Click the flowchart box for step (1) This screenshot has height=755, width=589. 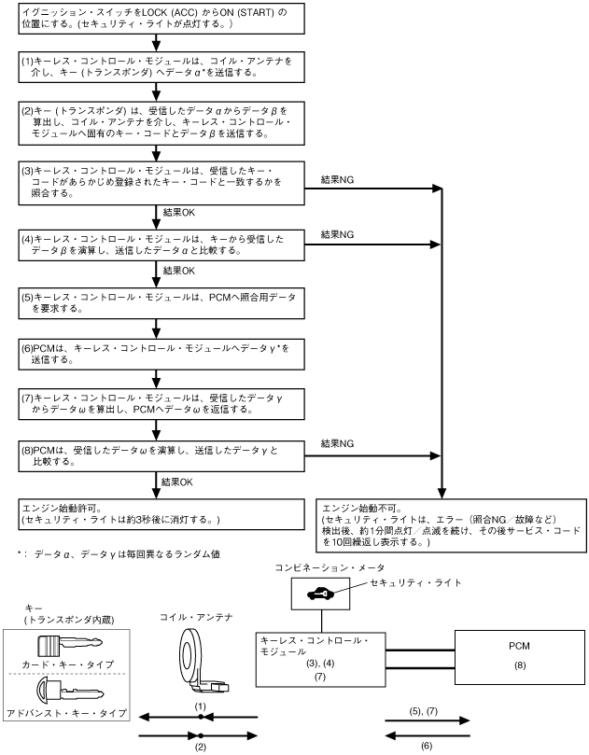(161, 65)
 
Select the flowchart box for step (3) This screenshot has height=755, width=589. (161, 182)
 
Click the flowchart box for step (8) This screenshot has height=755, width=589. (161, 454)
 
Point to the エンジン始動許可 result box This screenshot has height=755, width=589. (161, 512)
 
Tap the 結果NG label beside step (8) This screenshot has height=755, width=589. (338, 444)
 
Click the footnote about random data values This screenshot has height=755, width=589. (118, 554)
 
